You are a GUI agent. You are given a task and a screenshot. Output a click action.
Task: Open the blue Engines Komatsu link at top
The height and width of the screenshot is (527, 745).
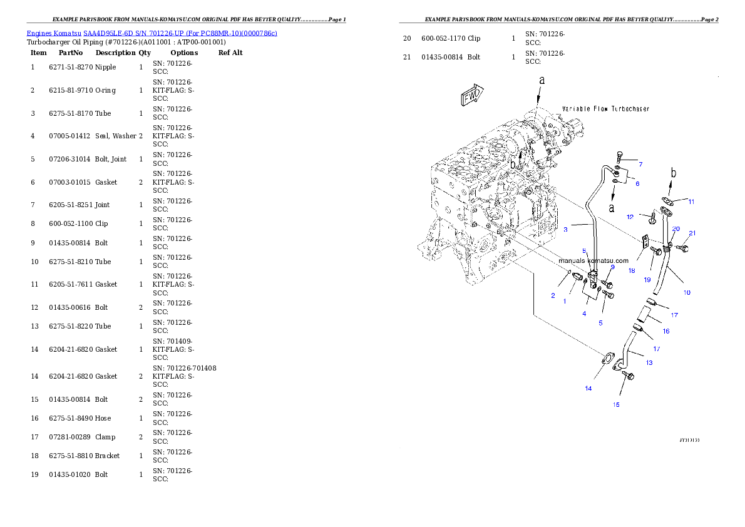coord(152,33)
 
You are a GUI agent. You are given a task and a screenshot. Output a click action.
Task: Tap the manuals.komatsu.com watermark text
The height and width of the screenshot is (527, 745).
coord(593,260)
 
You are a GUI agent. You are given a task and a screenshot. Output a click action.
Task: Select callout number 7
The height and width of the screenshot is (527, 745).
coord(640,164)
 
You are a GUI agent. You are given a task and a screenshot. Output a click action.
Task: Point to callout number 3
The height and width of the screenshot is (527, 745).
coord(565,230)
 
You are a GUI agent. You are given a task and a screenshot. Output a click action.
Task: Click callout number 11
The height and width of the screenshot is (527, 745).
coord(691,202)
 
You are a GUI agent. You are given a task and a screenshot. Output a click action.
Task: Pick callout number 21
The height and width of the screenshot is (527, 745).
coord(692,233)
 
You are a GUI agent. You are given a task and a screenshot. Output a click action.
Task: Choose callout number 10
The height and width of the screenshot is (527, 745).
coord(686,292)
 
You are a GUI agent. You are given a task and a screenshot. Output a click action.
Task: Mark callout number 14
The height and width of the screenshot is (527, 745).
coord(588,389)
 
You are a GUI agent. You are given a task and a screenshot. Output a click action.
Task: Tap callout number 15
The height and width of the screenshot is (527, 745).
coord(616,405)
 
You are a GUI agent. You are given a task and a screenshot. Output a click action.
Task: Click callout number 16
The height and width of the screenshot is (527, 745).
coord(665,331)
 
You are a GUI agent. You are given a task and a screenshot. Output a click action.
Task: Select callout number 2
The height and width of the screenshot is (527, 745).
coord(553,296)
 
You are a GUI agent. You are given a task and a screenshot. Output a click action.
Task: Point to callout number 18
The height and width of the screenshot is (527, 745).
coord(632,271)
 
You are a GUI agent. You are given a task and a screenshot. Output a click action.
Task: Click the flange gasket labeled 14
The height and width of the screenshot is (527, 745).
coord(606,359)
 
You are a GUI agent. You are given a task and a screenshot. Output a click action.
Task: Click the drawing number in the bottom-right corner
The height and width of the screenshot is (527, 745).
coord(689,440)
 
